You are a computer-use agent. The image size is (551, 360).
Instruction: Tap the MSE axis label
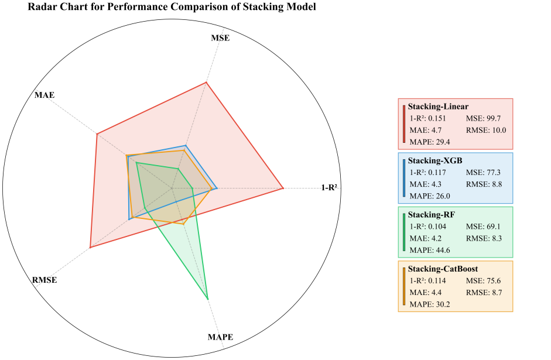(220, 39)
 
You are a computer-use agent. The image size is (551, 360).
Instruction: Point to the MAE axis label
(45, 95)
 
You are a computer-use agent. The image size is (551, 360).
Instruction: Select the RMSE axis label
(45, 280)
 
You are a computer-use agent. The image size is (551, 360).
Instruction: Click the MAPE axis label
(220, 337)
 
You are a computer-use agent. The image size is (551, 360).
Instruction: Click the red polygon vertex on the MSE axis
(206, 83)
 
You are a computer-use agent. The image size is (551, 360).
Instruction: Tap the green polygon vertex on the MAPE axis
(208, 299)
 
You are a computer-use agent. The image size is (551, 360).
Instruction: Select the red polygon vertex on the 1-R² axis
(283, 188)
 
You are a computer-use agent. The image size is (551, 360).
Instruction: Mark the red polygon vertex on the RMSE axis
(90, 248)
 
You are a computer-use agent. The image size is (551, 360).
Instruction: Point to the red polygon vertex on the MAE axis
(97, 134)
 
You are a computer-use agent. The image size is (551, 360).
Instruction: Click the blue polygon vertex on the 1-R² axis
(217, 188)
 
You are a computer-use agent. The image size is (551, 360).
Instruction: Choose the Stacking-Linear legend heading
(438, 107)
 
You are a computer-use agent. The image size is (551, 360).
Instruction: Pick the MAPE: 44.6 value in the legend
(430, 250)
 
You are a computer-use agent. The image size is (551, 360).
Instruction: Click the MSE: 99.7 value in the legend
(483, 119)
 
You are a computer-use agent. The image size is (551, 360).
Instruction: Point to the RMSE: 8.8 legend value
(484, 184)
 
